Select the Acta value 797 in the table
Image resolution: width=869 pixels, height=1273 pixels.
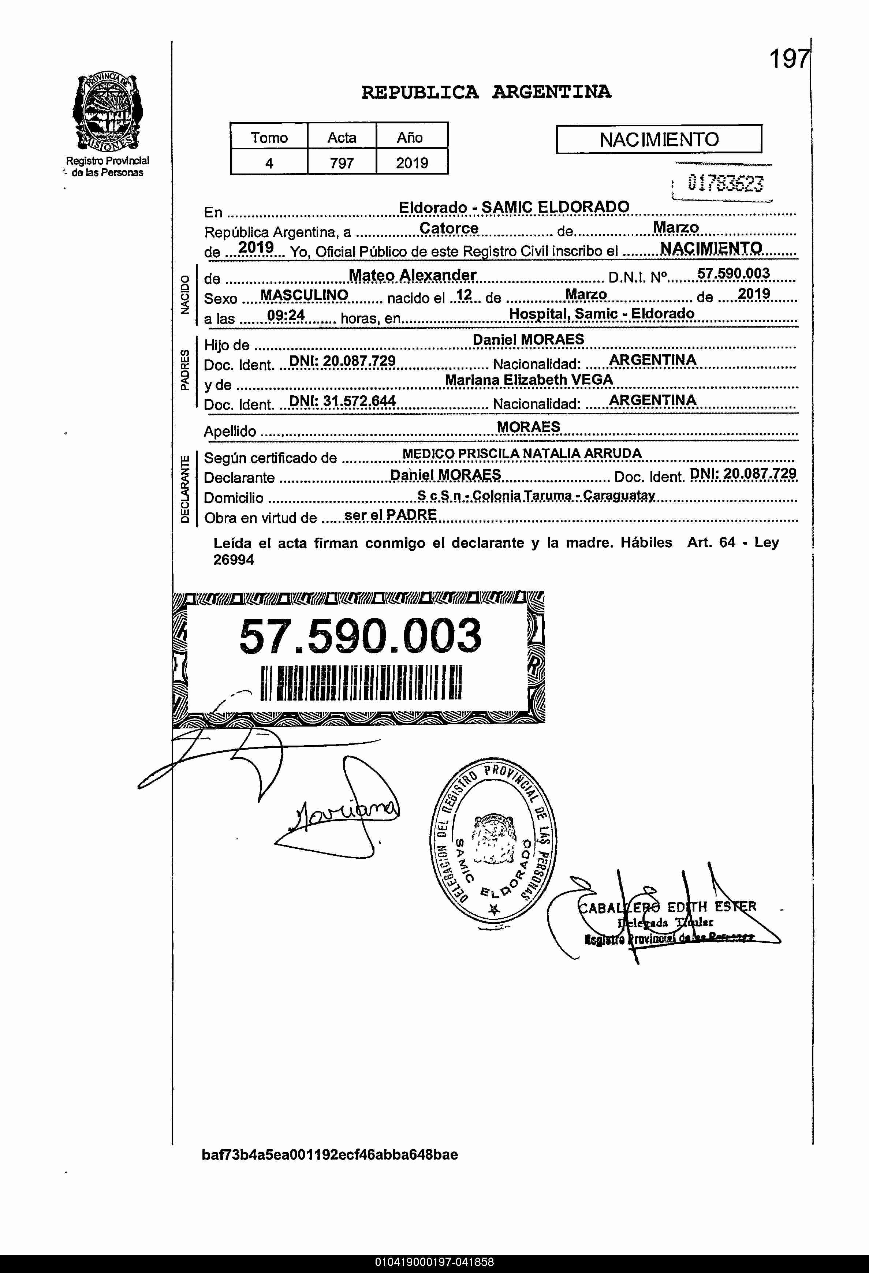pyautogui.click(x=342, y=163)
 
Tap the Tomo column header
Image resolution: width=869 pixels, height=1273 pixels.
pyautogui.click(x=269, y=138)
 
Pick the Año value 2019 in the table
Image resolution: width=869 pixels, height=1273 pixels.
pyautogui.click(x=412, y=163)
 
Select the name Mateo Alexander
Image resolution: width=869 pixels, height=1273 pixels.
pyautogui.click(x=412, y=275)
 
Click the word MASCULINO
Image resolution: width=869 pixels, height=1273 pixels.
pyautogui.click(x=304, y=295)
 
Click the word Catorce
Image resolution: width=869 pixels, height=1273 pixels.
pyautogui.click(x=449, y=228)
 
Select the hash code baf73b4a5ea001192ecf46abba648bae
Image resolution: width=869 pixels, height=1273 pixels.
pyautogui.click(x=330, y=1155)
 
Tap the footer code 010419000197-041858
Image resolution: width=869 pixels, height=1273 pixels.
pyautogui.click(x=434, y=1262)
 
